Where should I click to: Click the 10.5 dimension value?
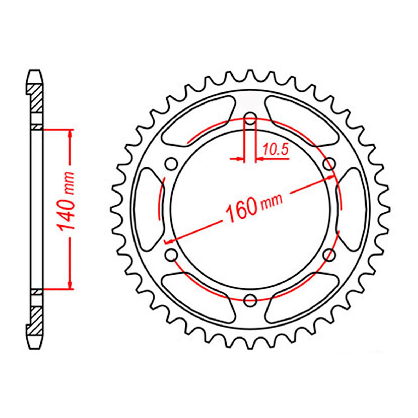(275, 150)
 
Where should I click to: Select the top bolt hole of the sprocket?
(250, 118)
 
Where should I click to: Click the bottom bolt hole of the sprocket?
(250, 300)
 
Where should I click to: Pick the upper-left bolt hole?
(171, 164)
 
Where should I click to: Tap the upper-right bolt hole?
(329, 164)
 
